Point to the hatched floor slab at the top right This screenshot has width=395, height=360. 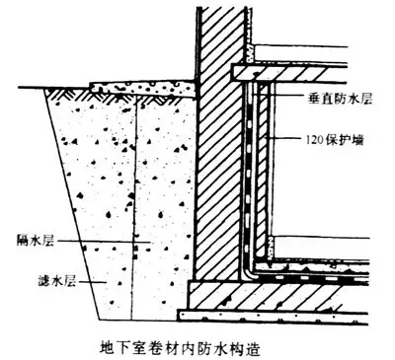(296, 71)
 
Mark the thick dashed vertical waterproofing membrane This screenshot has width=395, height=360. (254, 178)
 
